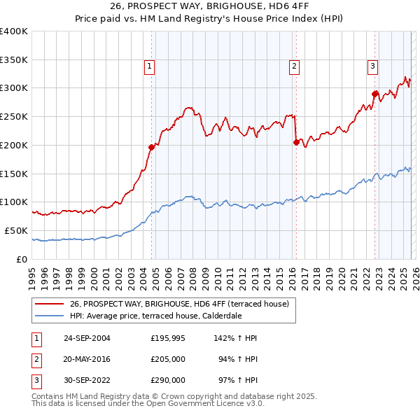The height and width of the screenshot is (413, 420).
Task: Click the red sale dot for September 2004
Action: point(151,147)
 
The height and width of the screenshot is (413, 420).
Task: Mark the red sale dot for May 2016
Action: point(296,142)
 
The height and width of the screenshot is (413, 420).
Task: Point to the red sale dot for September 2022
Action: point(374,94)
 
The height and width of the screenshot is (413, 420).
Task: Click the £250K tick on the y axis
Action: point(14,116)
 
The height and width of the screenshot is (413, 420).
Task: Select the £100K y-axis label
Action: point(14,202)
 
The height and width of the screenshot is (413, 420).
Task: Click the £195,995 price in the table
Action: point(168,338)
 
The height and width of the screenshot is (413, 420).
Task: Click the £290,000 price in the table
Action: point(168,380)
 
